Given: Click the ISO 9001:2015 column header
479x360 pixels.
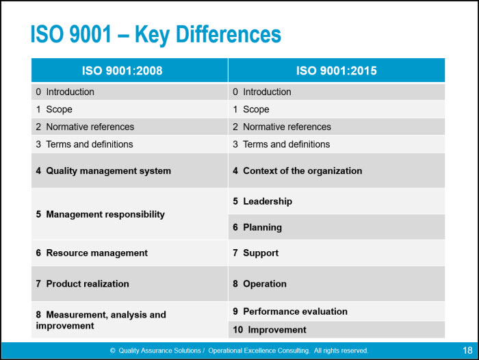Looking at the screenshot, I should point(336,70).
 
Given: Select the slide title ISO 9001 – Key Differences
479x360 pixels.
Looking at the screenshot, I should point(155,34).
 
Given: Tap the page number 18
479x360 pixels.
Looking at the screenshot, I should point(467,350).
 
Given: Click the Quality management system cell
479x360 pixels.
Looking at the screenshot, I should point(103,171).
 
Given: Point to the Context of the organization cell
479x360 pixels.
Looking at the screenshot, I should point(298,171).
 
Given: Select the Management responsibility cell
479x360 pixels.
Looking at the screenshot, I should point(101,214).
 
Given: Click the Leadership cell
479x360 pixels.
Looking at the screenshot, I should point(262,201).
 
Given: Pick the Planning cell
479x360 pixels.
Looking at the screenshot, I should point(257,227).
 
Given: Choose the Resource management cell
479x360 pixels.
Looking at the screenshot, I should point(92,253).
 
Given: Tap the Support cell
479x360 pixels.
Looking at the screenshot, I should point(255,253).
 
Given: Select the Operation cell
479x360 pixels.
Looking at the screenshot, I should point(259,284).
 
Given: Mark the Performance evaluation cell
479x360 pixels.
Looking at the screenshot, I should point(290,311).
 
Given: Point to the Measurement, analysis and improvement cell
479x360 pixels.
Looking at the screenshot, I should point(101,320).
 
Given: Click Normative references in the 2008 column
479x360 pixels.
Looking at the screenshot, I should point(85,127).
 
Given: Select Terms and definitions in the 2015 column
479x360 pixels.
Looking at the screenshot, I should point(281,144).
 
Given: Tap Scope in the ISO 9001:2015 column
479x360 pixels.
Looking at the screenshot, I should point(251,110).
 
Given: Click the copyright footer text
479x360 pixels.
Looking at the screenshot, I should point(239,350).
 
